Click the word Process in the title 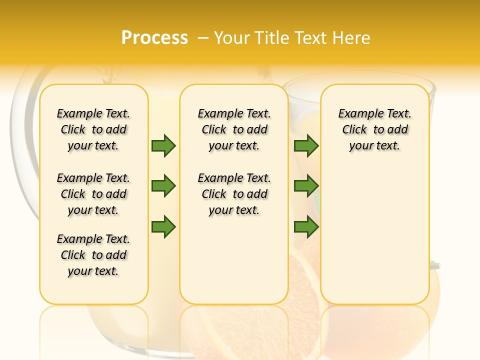[x=154, y=38]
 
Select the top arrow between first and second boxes [x=163, y=145]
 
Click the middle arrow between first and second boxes [x=163, y=186]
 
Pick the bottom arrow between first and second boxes [x=163, y=227]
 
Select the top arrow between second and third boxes [x=306, y=145]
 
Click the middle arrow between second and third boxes [x=306, y=186]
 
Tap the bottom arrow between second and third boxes [x=306, y=227]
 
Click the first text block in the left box [x=93, y=129]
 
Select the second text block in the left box [x=93, y=194]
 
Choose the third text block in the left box [x=93, y=255]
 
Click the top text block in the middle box [x=234, y=129]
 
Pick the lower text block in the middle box [x=234, y=194]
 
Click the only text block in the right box [x=374, y=129]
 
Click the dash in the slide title [x=203, y=38]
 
